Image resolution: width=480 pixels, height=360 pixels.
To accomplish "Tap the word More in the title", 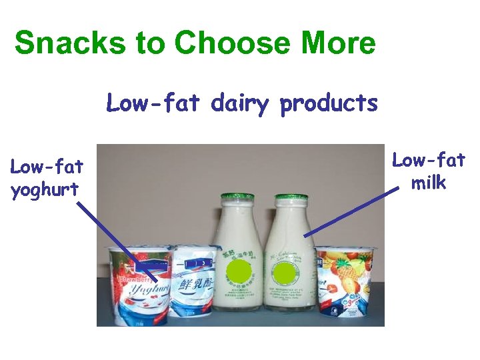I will click(x=339, y=43).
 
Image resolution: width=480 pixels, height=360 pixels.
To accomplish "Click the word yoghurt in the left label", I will click(x=45, y=190).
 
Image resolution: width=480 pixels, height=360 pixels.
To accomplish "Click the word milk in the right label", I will click(x=429, y=182).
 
